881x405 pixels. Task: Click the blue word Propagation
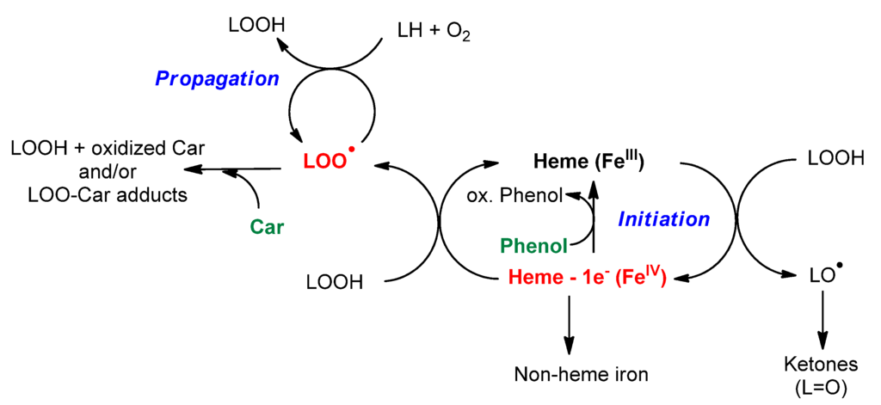217,78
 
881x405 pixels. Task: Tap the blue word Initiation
663,219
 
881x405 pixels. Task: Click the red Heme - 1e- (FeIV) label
588,277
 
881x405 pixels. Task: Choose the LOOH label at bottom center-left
336,281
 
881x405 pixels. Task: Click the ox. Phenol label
514,196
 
